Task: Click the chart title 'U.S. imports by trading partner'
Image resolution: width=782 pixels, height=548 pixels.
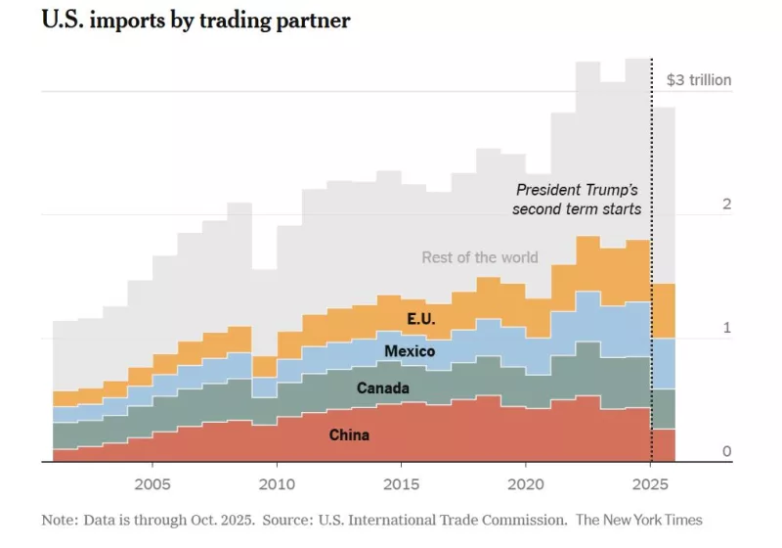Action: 195,21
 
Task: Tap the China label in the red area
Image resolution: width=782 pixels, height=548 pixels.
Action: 349,434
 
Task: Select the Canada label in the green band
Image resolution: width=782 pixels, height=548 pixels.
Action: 382,388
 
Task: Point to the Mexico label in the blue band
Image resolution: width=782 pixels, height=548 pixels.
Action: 410,351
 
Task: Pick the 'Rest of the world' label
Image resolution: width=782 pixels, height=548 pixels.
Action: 480,257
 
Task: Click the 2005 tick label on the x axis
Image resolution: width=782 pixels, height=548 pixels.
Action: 152,485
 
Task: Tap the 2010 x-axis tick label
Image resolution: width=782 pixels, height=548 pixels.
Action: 277,485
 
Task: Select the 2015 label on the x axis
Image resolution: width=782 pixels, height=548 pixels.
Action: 402,485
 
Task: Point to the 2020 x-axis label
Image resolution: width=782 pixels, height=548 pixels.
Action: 526,485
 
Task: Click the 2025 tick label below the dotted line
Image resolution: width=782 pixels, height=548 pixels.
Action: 651,485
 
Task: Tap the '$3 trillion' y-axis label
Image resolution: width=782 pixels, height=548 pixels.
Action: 698,80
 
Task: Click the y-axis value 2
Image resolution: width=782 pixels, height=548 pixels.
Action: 726,204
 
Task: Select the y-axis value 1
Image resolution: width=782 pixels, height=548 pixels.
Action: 726,328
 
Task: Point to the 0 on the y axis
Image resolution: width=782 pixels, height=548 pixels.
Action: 726,451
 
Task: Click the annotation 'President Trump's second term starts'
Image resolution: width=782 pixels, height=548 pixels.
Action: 578,200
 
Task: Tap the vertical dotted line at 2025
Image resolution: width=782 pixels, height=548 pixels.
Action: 652,294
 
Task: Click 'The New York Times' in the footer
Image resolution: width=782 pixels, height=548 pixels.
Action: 639,520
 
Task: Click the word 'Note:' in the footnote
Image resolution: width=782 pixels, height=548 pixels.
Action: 61,520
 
